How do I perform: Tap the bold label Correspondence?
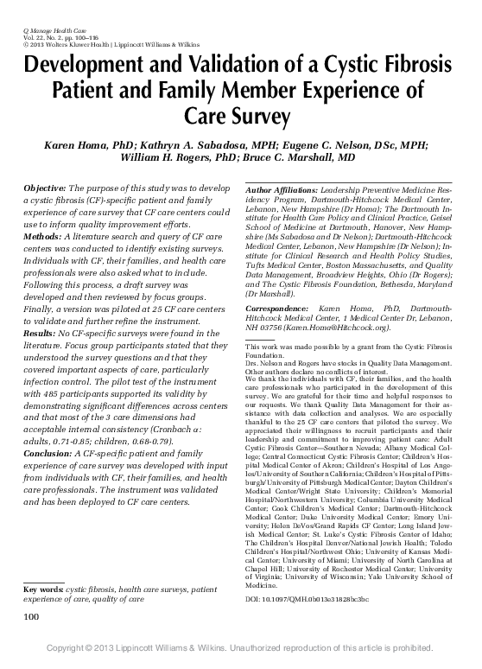(x=279, y=282)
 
